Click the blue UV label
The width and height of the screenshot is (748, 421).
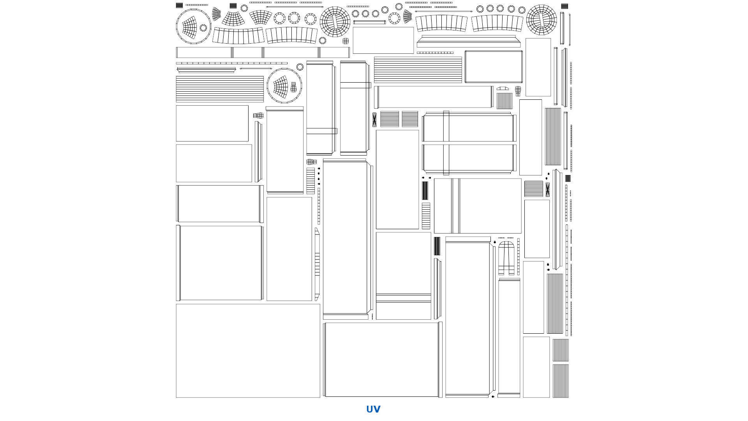(373, 409)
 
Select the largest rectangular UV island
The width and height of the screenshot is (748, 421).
(248, 351)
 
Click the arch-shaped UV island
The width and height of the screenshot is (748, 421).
(506, 258)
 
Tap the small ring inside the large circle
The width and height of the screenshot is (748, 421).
(203, 28)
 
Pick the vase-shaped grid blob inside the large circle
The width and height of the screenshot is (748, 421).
(294, 87)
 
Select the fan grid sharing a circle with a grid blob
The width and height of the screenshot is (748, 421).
(280, 86)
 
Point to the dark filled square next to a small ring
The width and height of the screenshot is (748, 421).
(233, 5)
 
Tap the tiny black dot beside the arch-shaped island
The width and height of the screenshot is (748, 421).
(495, 242)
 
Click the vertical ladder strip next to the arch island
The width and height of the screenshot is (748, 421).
(518, 256)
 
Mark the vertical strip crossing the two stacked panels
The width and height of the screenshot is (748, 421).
(446, 143)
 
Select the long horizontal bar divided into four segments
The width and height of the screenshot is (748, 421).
(263, 52)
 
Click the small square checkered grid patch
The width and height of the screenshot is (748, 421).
(346, 41)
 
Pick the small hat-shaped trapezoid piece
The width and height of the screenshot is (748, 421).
(503, 88)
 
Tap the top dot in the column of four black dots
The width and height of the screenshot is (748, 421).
(319, 168)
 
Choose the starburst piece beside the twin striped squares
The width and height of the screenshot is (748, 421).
(374, 120)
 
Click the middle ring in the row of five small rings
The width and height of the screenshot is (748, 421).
(500, 9)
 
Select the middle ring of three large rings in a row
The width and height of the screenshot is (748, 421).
(293, 18)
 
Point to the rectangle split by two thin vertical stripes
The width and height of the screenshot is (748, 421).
(478, 206)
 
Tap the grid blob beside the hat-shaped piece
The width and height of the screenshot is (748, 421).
(518, 91)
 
